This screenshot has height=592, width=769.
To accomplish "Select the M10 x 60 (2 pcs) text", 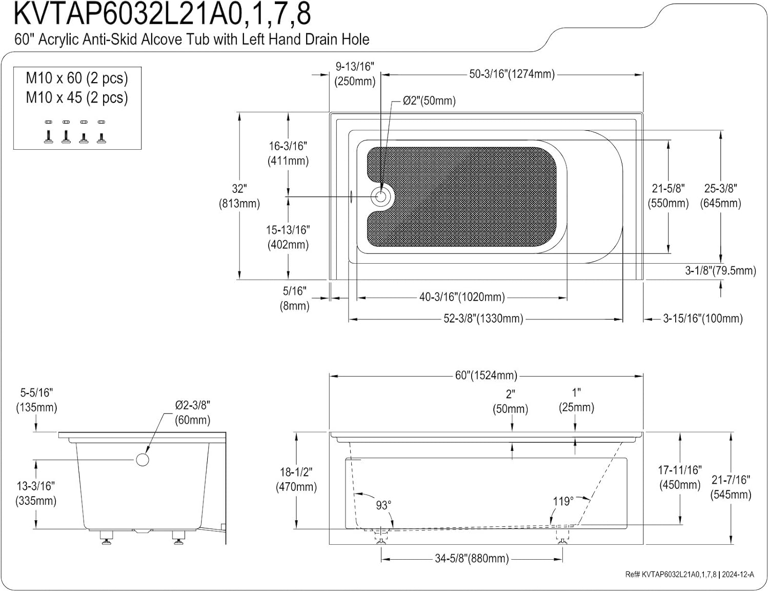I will [x=77, y=78].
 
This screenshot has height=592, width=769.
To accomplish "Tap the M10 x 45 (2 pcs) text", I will [x=77, y=97].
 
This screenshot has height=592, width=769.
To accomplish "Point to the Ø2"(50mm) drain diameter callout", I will [x=429, y=101].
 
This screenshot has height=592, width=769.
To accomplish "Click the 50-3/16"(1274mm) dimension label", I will [x=512, y=74].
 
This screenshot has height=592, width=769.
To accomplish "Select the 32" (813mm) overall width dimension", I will [x=239, y=196].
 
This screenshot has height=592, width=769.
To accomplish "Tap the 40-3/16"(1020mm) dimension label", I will [x=462, y=297].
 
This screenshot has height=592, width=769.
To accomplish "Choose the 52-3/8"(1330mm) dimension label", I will [x=483, y=319].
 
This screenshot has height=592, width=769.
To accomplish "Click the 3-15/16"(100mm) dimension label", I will [x=702, y=319].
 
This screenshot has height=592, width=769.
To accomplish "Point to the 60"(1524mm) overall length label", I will [x=486, y=375].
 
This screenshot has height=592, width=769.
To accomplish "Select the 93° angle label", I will [x=383, y=505].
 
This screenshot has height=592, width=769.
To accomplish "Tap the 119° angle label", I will [x=563, y=501].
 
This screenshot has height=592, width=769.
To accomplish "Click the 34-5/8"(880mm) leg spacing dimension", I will [x=472, y=558].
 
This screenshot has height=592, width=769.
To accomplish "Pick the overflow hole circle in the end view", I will [x=143, y=460].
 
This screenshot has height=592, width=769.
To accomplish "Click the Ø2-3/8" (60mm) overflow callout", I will [x=193, y=412].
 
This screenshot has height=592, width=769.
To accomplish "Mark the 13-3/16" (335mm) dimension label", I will [x=36, y=493].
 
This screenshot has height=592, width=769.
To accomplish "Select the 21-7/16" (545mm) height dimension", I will [x=731, y=487].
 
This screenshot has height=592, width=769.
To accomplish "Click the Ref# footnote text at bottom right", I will [x=690, y=575].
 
